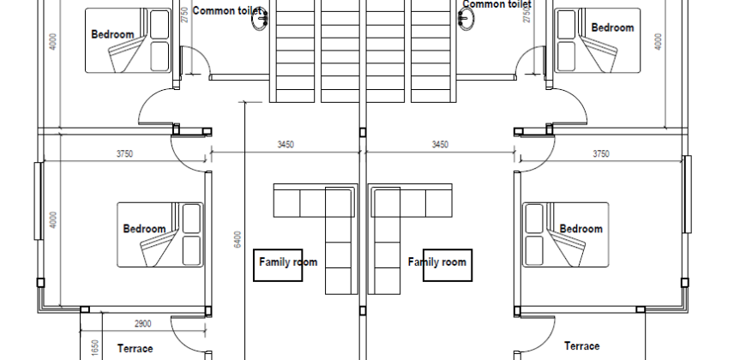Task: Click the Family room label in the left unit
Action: pos(287,262)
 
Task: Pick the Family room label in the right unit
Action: pos(437,262)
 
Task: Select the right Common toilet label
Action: pos(497,4)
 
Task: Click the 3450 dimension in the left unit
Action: pos(286,145)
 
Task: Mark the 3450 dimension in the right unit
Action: pos(439,145)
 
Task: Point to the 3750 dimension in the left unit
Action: pos(126,154)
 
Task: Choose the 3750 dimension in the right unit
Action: pos(600,154)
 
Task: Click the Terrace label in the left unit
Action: pos(135,349)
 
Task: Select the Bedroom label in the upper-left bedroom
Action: pos(112,34)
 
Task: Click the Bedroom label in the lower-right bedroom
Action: pos(581,229)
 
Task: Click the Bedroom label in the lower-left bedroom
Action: pos(144,229)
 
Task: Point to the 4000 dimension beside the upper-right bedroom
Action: pos(659,40)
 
